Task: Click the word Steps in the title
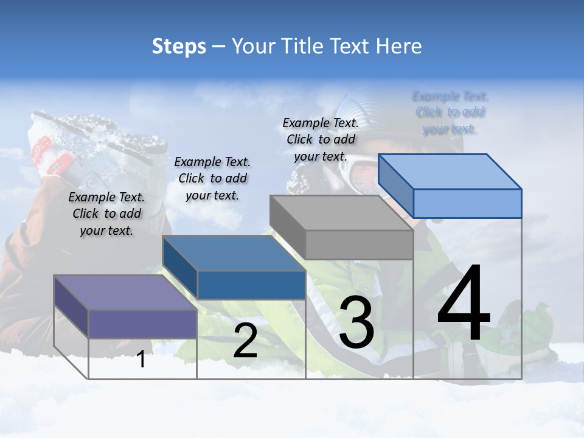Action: click(179, 46)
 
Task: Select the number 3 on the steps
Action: click(356, 322)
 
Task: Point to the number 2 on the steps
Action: click(245, 341)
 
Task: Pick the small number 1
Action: click(141, 359)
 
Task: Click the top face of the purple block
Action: click(124, 292)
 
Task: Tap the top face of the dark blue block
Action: click(234, 252)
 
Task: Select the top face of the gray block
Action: click(341, 213)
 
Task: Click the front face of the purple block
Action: click(142, 324)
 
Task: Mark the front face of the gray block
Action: click(359, 245)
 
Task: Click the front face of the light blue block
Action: click(467, 203)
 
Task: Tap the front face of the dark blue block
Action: click(251, 285)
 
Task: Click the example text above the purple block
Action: click(106, 214)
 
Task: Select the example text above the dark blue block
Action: click(212, 178)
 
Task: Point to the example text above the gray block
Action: click(321, 139)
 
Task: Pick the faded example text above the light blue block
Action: click(450, 113)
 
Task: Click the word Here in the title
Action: click(398, 46)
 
